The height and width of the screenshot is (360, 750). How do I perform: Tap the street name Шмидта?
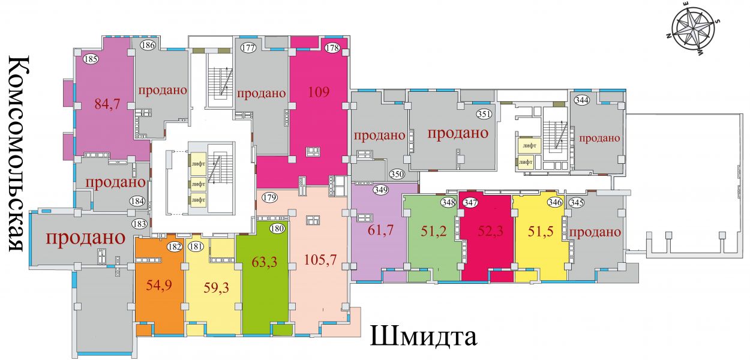(423, 336)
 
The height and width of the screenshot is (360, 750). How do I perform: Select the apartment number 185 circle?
(91, 59)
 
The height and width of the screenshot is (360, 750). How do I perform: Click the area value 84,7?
(107, 104)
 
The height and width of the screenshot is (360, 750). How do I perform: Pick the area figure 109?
(319, 92)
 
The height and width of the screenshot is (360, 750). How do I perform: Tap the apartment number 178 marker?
(332, 48)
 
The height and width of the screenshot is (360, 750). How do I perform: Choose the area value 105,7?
(320, 260)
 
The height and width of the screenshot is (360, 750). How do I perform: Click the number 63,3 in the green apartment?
(265, 262)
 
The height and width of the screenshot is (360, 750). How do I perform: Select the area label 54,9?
(159, 285)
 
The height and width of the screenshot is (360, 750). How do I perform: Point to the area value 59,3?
(216, 287)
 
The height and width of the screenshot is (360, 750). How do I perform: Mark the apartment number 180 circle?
(277, 229)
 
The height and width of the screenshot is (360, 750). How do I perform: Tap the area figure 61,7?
(380, 230)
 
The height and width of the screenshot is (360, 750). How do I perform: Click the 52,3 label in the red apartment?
(491, 232)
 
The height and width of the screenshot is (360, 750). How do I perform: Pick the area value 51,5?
(541, 232)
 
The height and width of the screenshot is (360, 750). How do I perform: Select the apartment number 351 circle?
(484, 114)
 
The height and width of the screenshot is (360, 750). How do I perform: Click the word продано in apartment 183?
(86, 238)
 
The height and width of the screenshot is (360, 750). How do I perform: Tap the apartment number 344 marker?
(582, 100)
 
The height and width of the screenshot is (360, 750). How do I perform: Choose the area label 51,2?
(434, 231)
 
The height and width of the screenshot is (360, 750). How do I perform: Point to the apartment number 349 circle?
(381, 190)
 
